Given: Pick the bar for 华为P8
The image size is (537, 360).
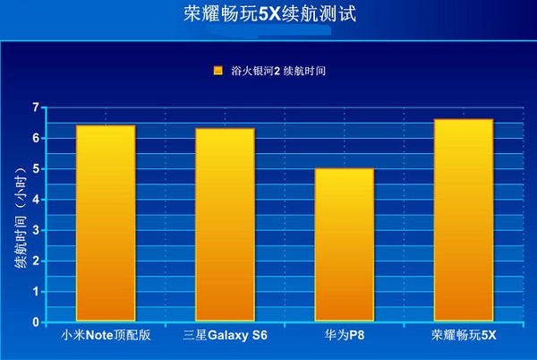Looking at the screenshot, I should point(344,244).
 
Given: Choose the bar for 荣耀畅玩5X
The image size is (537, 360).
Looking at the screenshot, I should point(463,219).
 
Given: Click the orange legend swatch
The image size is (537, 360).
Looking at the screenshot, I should point(217,71).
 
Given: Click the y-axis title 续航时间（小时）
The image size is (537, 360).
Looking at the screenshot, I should point(19,215).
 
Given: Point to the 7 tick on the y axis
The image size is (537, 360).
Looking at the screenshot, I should point(36,107).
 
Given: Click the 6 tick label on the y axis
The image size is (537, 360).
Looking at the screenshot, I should point(36,138).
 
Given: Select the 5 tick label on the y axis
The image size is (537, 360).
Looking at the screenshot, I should point(36,168).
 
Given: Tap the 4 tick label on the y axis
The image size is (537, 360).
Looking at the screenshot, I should point(36,199).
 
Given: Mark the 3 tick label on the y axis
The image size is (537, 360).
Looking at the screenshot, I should point(36,230).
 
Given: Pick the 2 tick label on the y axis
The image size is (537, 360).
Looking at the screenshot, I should point(36,261).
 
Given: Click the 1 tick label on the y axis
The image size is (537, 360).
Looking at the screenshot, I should point(36,291).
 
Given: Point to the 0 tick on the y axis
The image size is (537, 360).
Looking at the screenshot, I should point(36,321).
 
